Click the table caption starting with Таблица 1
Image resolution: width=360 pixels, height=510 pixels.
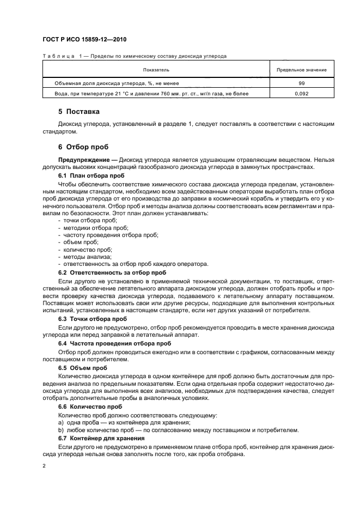pos(134,56)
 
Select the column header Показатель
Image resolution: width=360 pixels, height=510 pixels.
pos(156,70)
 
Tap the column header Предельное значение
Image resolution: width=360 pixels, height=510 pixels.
pos(301,70)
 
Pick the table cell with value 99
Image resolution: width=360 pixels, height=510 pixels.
pos(301,83)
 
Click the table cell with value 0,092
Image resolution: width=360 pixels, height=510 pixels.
pos(301,94)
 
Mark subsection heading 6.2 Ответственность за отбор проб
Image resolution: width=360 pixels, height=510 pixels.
pos(112,272)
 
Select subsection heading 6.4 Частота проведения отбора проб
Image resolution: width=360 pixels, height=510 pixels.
pos(114,344)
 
